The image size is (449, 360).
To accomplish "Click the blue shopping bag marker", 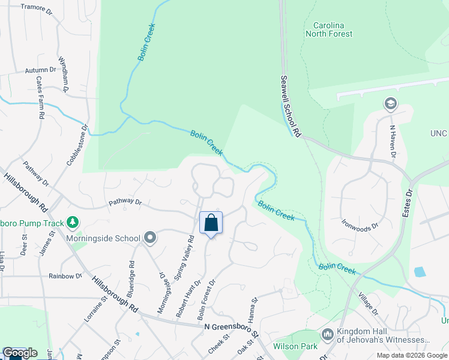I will coord(211,223).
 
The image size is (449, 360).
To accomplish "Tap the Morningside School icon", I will coord(150,238).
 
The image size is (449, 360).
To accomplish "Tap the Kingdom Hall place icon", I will coord(328,334).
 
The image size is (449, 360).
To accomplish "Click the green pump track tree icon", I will coord(73,223).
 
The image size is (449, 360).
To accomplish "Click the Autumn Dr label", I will coord(40,70).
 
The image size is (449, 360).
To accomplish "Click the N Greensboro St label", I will coord(231,328).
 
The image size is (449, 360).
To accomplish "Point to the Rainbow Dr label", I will coord(65,276).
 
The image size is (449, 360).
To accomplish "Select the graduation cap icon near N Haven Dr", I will coord(391,104).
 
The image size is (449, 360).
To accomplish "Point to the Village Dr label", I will coord(367,304).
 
